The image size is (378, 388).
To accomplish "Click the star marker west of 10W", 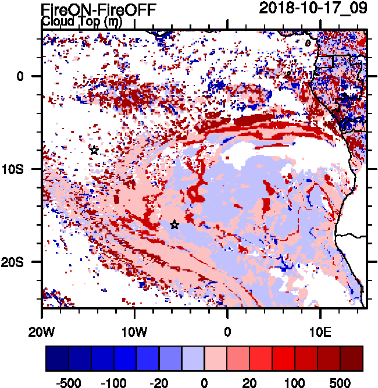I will tap(94, 150).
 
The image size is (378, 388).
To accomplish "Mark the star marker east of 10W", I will tap(174, 225).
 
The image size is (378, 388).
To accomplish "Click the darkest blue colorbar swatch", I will tap(57, 358).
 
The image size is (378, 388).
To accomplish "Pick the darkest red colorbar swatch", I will tap(351, 358).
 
